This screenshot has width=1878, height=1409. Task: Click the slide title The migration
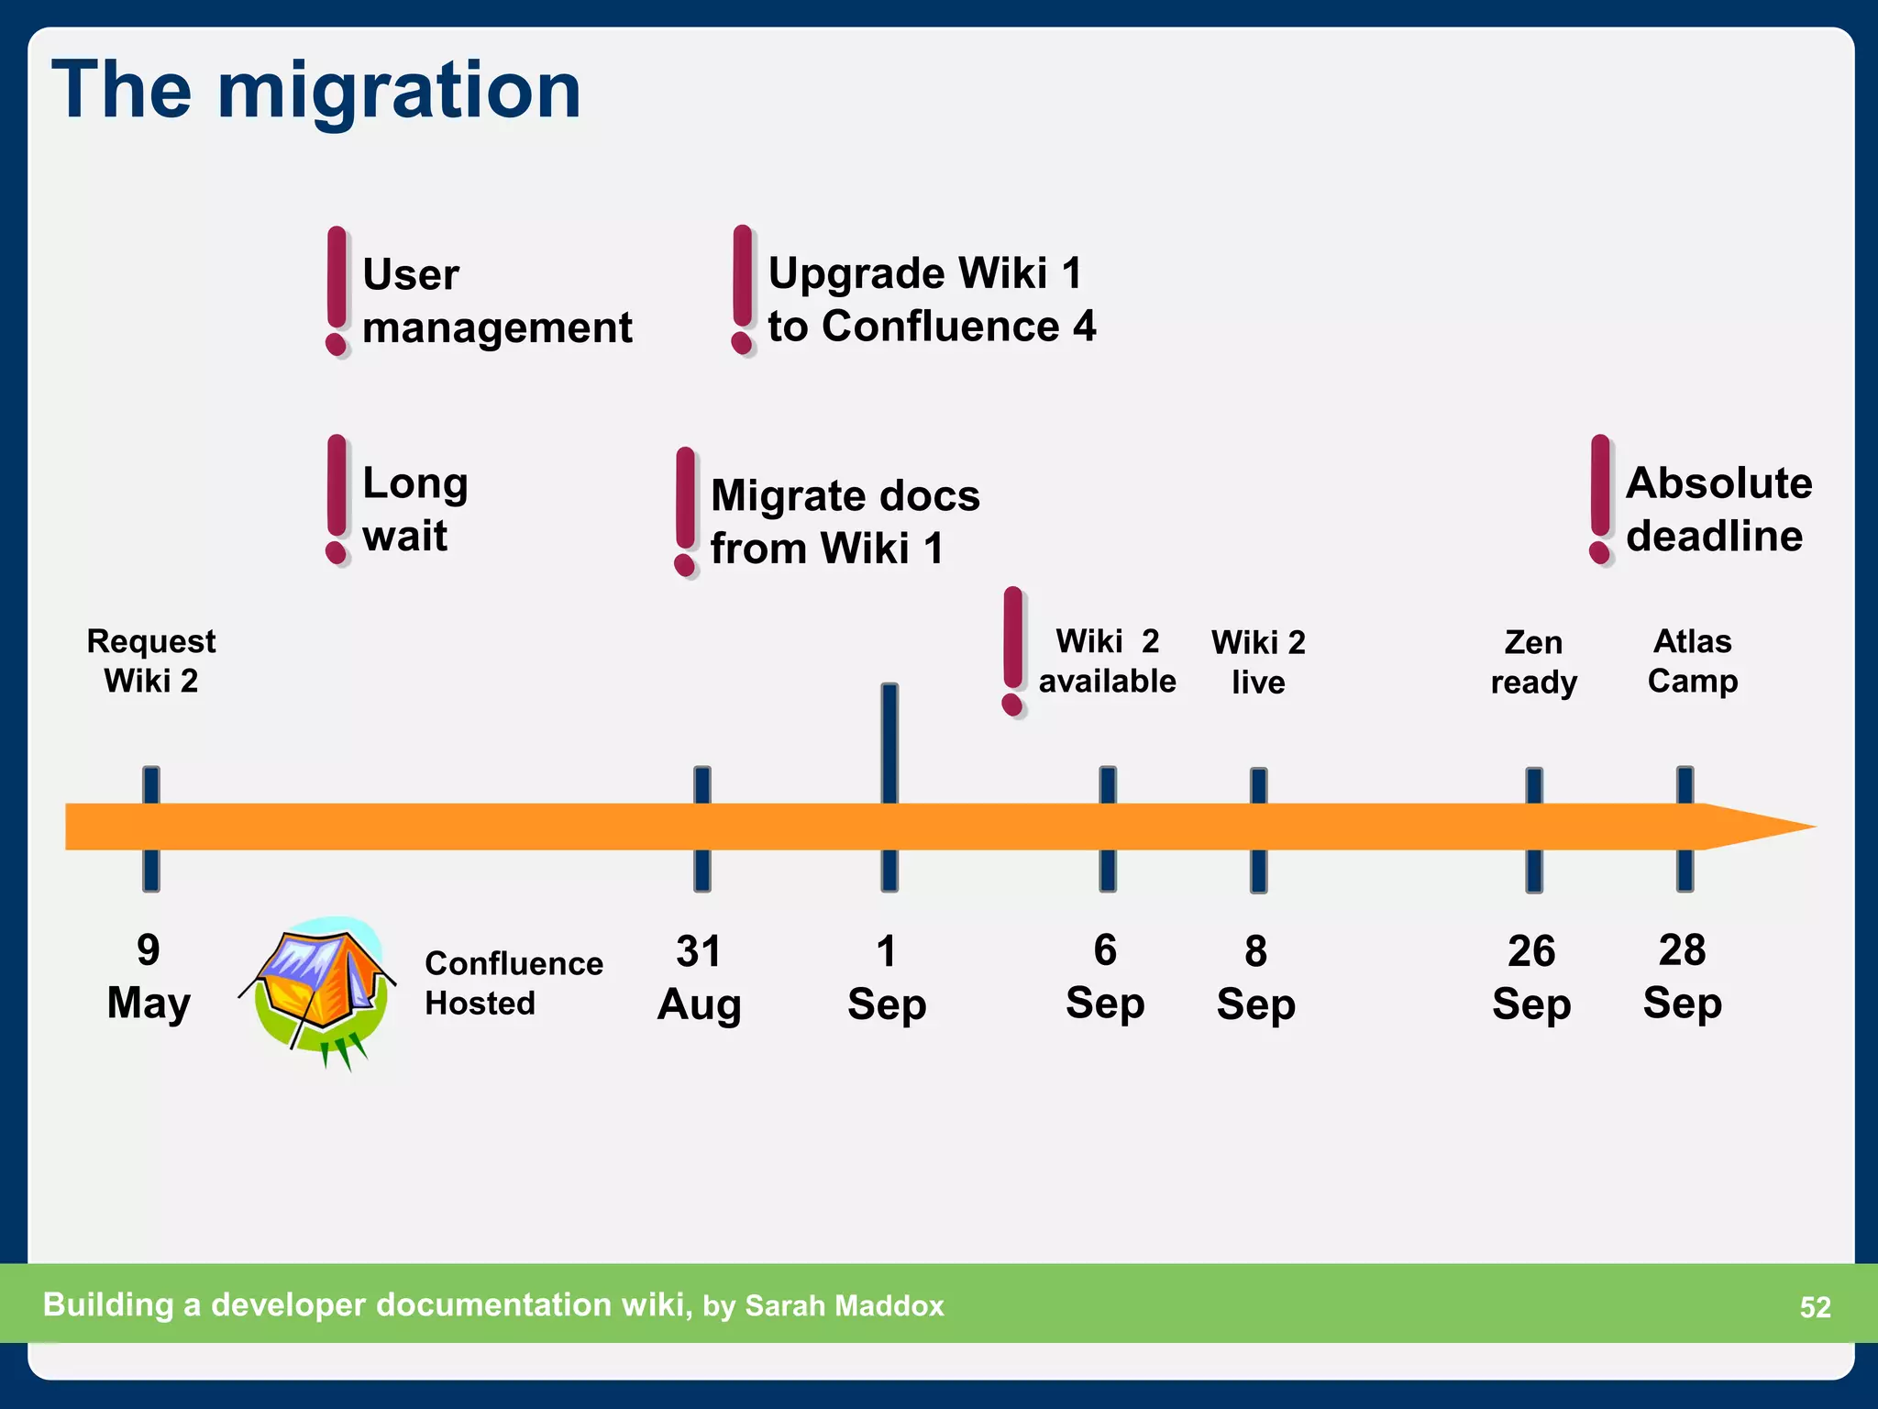pos(316,90)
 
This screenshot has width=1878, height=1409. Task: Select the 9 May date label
pos(149,976)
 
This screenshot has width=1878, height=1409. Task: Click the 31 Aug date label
pos(700,978)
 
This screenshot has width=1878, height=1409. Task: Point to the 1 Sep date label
pos(887,978)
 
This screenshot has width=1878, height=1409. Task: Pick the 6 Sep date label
pos(1105,976)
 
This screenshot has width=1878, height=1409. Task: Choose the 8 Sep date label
pos(1256,978)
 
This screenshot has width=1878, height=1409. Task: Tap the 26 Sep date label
pos(1531,978)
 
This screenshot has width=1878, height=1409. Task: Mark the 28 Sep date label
pos(1683,976)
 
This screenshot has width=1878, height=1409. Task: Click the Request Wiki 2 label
pos(151,660)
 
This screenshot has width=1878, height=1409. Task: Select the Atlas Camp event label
pos(1693,660)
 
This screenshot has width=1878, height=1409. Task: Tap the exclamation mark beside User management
pos(337,291)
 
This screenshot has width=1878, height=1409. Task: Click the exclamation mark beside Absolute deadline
pos(1600,500)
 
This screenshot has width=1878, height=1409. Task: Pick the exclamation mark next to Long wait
pos(337,500)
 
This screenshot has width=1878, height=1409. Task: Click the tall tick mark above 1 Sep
pos(889,743)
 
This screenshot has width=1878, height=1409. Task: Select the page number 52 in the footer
pos(1815,1307)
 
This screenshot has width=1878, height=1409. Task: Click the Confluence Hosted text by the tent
pos(514,983)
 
